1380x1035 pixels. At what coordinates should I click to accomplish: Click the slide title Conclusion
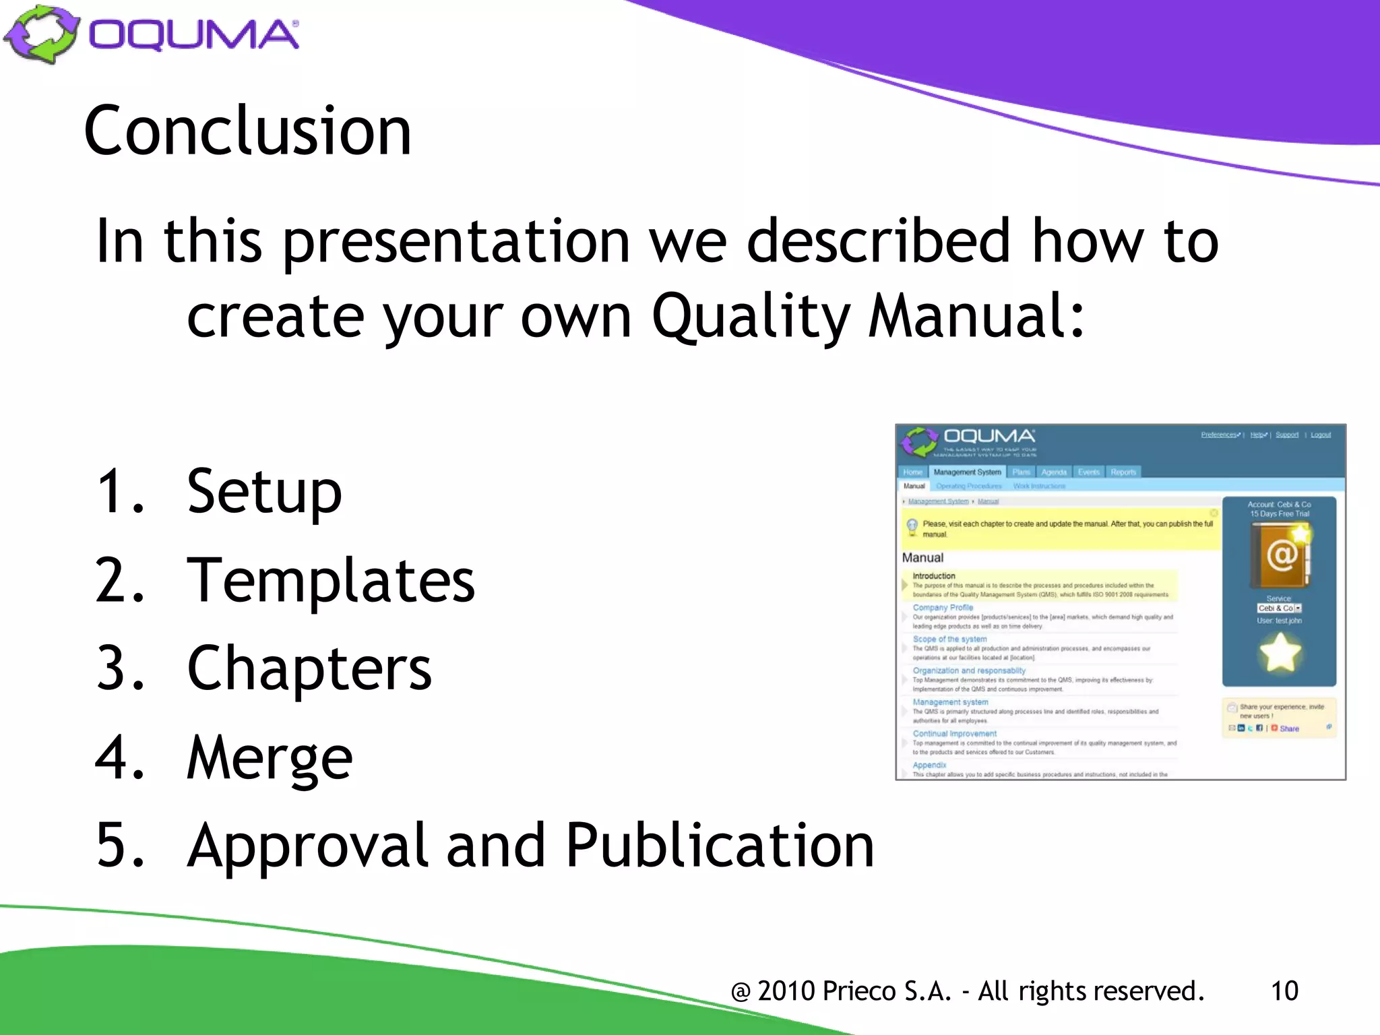247,131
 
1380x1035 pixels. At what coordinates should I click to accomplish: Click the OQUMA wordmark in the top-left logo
193,35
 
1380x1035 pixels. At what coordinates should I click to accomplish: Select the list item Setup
264,492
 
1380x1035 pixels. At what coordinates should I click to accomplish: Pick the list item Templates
330,580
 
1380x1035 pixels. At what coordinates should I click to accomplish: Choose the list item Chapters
309,668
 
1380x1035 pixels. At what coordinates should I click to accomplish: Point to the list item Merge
270,757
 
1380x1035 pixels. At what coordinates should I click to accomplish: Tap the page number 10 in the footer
1284,991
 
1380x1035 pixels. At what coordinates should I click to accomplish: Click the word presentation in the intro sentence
456,241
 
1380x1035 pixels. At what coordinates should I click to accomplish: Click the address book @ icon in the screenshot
1280,556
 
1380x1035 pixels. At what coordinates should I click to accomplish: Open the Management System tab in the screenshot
967,472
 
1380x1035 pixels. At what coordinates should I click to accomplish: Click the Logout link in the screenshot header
1320,435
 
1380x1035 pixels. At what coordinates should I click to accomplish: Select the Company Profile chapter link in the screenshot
943,607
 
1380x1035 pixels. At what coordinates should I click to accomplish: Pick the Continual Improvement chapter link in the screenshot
954,733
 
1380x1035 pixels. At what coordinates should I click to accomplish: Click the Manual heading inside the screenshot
922,557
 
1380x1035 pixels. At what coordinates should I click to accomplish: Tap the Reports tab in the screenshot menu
1123,472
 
